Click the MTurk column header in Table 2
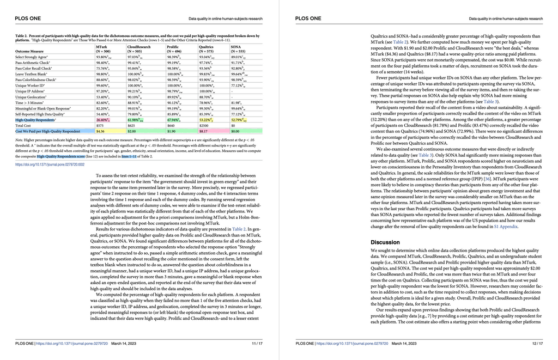pyautogui.click(x=101, y=47)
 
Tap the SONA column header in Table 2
pyautogui.click(x=236, y=47)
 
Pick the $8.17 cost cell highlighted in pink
pyautogui.click(x=204, y=131)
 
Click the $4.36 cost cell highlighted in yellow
pyautogui.click(x=100, y=131)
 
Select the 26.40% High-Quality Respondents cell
pyautogui.click(x=102, y=119)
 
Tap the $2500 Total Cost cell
pyautogui.click(x=204, y=125)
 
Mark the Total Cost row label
pyautogui.click(x=24, y=125)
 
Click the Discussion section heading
pyautogui.click(x=385, y=242)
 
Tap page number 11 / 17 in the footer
pyautogui.click(x=257, y=344)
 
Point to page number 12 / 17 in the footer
pyautogui.click(x=537, y=344)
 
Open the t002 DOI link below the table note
pyautogui.click(x=50, y=164)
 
